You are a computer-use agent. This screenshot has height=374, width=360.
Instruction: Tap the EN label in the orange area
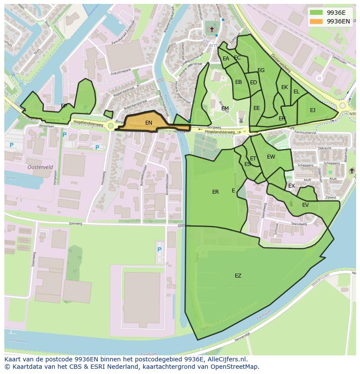[x=149, y=123]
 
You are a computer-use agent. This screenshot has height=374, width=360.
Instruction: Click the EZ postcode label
[x=238, y=276]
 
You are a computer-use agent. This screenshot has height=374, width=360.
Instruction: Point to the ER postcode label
[x=216, y=192]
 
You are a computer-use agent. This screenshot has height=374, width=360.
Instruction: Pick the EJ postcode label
[x=313, y=110]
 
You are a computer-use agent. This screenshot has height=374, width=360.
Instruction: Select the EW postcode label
[x=271, y=157]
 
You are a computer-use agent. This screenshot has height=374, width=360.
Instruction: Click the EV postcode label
[x=305, y=205]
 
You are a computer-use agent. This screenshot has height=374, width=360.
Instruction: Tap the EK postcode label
[x=284, y=87]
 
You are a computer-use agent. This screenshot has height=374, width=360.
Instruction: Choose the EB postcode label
[x=238, y=82]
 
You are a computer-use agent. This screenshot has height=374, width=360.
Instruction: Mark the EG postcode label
[x=261, y=70]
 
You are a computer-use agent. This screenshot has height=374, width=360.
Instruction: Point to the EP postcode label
[x=64, y=106]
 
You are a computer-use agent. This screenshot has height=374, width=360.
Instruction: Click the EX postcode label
[x=291, y=186]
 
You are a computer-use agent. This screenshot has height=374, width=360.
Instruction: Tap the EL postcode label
[x=297, y=92]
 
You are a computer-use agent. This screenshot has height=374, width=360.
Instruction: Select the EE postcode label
[x=257, y=108]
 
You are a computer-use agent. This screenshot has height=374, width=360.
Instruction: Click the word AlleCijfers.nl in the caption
[x=227, y=359]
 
